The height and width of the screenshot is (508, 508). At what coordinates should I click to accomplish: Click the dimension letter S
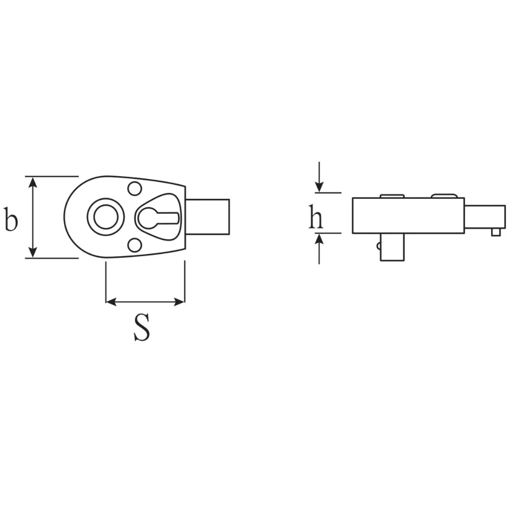tap(142, 327)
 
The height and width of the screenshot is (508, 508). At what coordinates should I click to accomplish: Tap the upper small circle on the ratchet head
tap(134, 189)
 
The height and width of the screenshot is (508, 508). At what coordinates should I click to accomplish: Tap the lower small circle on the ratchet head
tap(134, 245)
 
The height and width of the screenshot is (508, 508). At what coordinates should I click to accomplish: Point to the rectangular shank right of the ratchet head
tap(208, 217)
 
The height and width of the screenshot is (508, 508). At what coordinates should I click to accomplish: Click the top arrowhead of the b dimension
tap(33, 182)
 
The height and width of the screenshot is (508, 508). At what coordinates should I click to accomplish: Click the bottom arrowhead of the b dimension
tap(33, 253)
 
